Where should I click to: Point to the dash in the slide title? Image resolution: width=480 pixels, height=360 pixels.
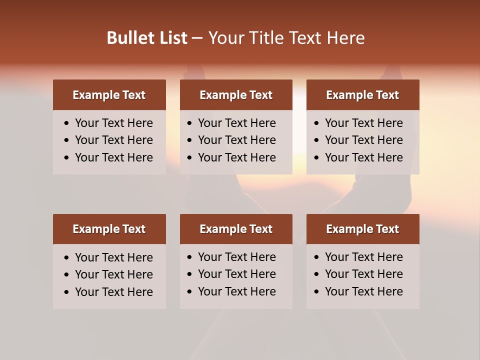pyautogui.click(x=197, y=38)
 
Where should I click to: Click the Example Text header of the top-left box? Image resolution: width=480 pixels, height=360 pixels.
pyautogui.click(x=109, y=95)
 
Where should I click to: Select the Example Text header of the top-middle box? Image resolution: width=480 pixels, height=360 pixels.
pyautogui.click(x=236, y=95)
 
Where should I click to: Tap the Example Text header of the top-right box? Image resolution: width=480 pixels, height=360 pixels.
pyautogui.click(x=362, y=95)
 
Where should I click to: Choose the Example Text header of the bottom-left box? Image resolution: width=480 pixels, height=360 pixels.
pyautogui.click(x=109, y=229)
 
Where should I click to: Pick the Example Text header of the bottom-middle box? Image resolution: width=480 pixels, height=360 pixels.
pyautogui.click(x=236, y=229)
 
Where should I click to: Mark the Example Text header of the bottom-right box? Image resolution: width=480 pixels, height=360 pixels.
pyautogui.click(x=362, y=229)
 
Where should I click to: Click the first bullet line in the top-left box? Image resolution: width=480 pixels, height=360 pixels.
pyautogui.click(x=113, y=123)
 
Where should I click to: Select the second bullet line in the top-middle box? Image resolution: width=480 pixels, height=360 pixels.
pyautogui.click(x=236, y=140)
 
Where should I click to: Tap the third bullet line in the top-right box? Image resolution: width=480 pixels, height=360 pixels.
pyautogui.click(x=363, y=157)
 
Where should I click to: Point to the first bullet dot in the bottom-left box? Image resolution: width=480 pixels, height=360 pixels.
pyautogui.click(x=67, y=258)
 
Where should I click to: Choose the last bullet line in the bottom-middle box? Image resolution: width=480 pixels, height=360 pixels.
pyautogui.click(x=236, y=291)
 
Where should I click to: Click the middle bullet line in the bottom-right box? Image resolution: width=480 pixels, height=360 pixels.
pyautogui.click(x=363, y=274)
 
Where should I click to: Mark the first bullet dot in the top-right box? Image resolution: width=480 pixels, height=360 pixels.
pyautogui.click(x=317, y=123)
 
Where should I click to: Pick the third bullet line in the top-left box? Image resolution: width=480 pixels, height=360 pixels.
pyautogui.click(x=113, y=157)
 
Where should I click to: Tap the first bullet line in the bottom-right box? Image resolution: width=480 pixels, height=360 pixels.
pyautogui.click(x=363, y=257)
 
